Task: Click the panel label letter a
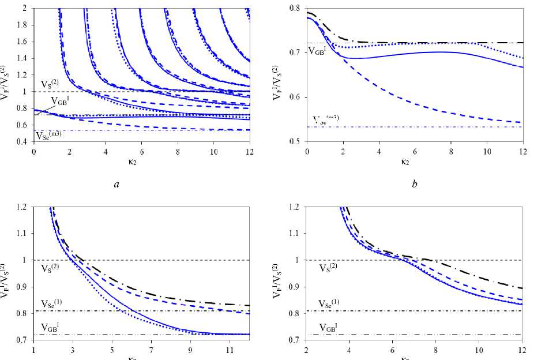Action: (117, 185)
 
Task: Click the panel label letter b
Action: (415, 185)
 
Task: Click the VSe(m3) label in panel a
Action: (48, 136)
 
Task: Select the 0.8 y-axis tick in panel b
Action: (295, 9)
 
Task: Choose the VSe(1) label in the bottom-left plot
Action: (52, 304)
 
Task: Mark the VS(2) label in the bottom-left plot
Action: (51, 268)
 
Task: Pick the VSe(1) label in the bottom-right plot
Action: (331, 304)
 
